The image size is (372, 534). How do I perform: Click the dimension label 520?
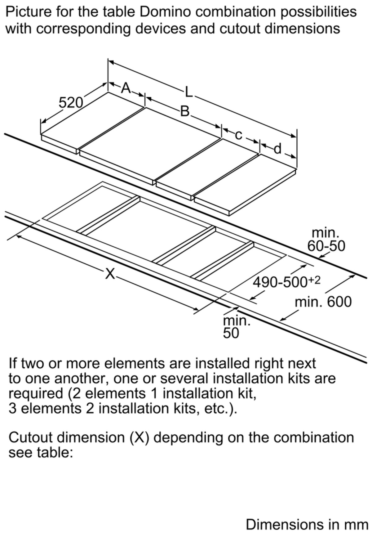[x=71, y=103]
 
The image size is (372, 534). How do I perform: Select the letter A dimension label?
[x=126, y=88]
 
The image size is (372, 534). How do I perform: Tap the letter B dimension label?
[x=185, y=111]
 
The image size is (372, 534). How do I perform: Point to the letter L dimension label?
[x=189, y=92]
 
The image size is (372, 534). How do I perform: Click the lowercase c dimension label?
[x=238, y=135]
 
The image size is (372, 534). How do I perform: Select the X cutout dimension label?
[x=110, y=274]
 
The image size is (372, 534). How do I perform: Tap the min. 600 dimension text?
[x=323, y=302]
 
